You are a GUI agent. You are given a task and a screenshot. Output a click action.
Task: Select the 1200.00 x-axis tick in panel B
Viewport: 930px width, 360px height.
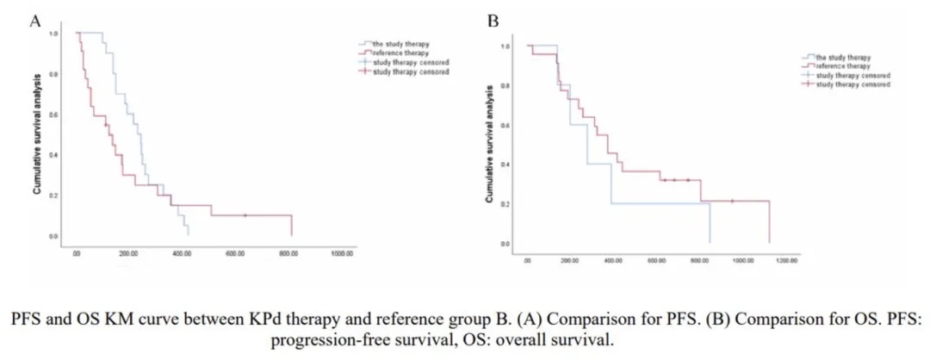point(786,261)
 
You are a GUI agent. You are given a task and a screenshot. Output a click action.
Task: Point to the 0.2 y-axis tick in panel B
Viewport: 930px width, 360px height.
point(506,204)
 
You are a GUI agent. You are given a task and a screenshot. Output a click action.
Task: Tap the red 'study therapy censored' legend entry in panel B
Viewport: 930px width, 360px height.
point(851,85)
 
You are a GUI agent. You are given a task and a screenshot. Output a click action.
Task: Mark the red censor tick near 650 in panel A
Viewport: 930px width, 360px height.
point(245,215)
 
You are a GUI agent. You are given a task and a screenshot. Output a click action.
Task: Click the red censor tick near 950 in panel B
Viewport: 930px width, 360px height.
point(732,202)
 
